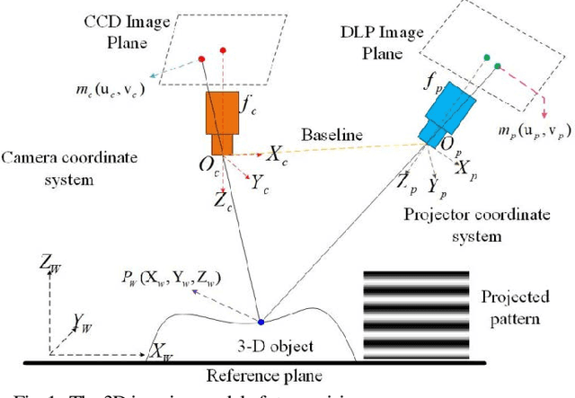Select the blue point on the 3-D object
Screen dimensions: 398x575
[261, 321]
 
